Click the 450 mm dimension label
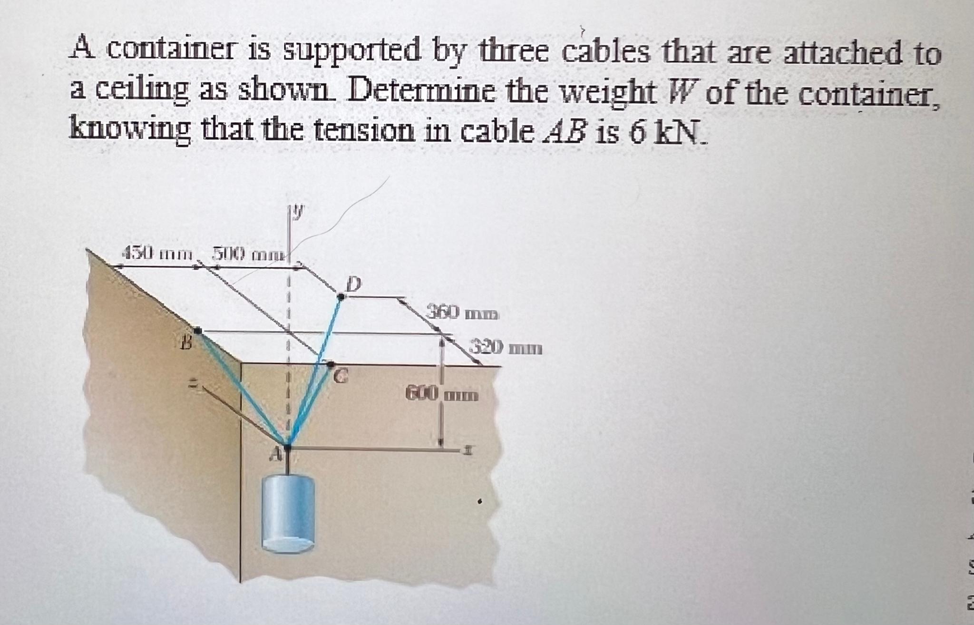pos(157,252)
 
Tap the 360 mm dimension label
pos(462,314)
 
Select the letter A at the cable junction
pos(273,456)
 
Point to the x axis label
pos(468,449)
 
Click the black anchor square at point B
pos(197,330)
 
